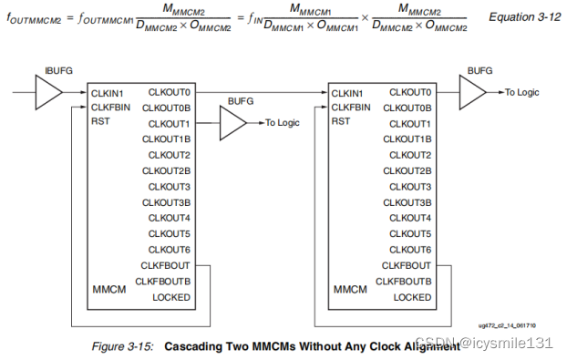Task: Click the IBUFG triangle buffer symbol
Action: [47, 92]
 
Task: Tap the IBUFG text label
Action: [57, 69]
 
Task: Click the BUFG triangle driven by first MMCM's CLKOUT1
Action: [232, 123]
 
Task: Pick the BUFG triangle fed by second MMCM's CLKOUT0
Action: [471, 92]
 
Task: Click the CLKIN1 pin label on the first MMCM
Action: [107, 92]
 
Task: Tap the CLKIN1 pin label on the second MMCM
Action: [347, 92]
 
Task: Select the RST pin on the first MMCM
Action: [99, 123]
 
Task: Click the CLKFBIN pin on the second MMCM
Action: [350, 108]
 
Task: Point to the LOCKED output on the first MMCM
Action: [171, 297]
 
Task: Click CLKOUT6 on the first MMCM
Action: [170, 250]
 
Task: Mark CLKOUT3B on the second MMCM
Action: [409, 202]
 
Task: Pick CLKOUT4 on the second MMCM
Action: [412, 218]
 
